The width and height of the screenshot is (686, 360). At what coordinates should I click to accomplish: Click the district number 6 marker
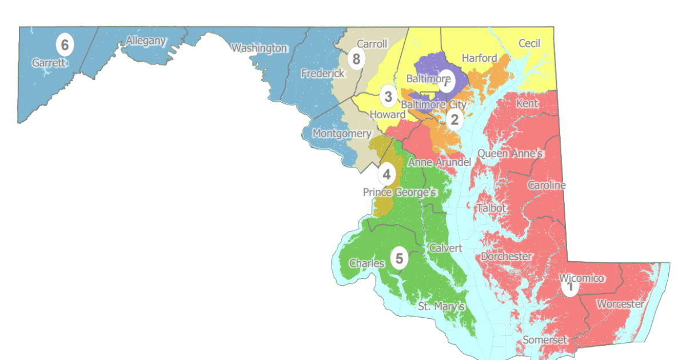pos(65,44)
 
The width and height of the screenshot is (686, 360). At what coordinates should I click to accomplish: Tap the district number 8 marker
pos(357,59)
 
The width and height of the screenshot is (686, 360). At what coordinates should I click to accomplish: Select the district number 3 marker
pos(388,97)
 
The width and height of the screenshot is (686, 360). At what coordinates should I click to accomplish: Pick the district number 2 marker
pos(454,119)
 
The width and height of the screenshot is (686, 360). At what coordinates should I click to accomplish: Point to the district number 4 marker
pos(386,174)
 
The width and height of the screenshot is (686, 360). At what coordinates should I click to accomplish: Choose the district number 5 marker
pos(400,259)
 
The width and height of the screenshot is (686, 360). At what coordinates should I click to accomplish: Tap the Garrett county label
pos(49,63)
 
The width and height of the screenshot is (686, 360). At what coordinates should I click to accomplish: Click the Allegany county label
pos(146,41)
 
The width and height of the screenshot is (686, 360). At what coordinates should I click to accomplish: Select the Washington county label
pos(259,48)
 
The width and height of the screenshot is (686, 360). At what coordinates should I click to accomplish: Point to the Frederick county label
pos(323,73)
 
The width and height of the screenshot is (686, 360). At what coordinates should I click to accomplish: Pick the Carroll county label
pos(372,43)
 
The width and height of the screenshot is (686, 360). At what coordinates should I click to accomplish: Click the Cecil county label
pos(529,43)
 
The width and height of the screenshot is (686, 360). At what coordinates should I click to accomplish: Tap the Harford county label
pos(479,58)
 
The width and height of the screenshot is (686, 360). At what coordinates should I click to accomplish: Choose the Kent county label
pos(527,103)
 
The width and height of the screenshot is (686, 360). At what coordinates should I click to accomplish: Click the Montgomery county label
pos(341,133)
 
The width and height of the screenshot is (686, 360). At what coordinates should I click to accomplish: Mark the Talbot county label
pos(491,208)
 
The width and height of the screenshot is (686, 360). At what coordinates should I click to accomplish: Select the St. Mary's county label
pos(441,306)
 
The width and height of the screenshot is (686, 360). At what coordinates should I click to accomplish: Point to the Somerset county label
pos(545,340)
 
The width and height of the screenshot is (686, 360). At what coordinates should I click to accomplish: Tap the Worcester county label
pos(620,304)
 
